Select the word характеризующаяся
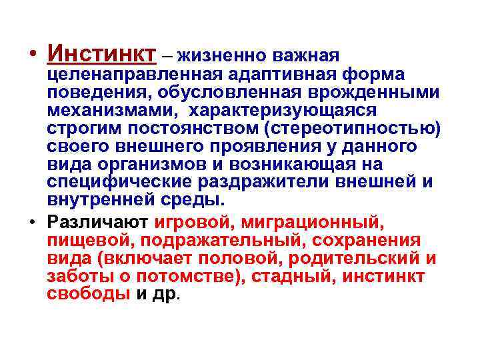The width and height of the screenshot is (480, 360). tap(283, 109)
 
